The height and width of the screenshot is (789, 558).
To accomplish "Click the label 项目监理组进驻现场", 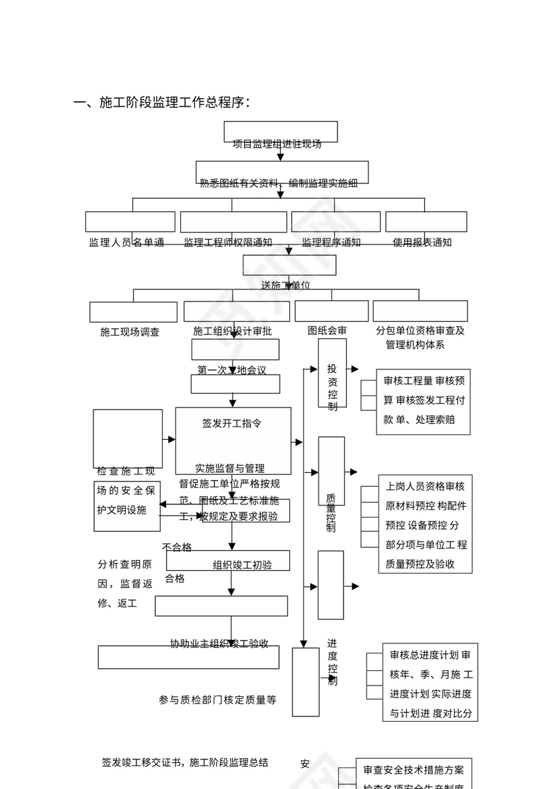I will [277, 144].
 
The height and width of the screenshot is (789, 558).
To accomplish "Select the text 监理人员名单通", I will [126, 242].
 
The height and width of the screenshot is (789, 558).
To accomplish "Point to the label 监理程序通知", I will [331, 242].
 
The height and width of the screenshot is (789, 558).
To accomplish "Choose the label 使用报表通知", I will [422, 242].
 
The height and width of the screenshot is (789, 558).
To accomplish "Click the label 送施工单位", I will [286, 285].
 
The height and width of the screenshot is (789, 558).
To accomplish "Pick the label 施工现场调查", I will [130, 331].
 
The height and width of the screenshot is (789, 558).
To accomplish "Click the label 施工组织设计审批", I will [233, 331].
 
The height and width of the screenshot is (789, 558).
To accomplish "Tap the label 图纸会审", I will [327, 330].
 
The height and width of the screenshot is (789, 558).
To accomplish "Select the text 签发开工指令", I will [232, 423].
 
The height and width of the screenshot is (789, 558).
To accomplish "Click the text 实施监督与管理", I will [230, 468].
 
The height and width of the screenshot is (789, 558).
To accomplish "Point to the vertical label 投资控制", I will [332, 387].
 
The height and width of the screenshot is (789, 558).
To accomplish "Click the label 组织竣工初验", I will [242, 565].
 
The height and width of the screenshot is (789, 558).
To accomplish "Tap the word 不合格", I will [177, 547].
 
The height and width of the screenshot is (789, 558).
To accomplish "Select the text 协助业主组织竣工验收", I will [219, 643].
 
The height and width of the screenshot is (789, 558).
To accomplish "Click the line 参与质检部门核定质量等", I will [217, 700].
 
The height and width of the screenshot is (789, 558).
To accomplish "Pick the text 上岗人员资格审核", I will [425, 486].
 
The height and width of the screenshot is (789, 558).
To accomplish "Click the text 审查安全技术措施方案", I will [413, 770].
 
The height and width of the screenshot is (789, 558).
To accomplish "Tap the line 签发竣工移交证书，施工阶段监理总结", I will [185, 762].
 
